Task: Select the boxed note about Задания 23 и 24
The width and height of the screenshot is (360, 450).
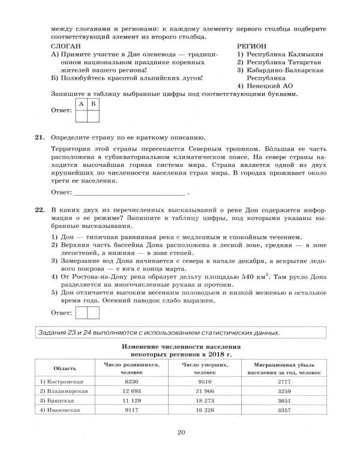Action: [180, 332]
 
